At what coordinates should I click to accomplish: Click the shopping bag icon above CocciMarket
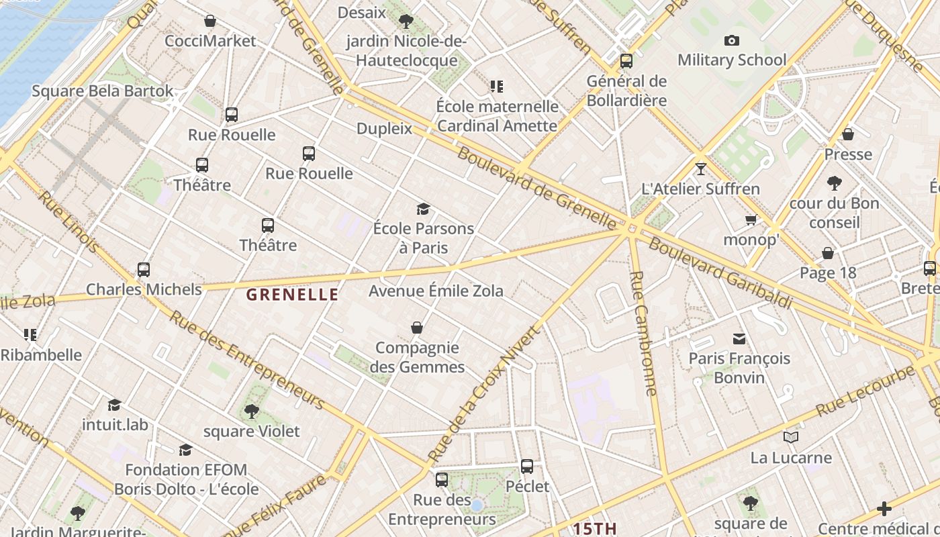(x=210, y=21)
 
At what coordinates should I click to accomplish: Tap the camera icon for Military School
(x=732, y=40)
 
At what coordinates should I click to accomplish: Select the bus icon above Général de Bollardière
(x=626, y=61)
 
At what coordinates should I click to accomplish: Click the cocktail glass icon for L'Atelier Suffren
(x=701, y=168)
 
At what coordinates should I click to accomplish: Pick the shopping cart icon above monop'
(x=751, y=219)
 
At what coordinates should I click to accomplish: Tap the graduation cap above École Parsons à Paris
(x=423, y=209)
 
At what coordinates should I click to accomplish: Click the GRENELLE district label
(x=292, y=294)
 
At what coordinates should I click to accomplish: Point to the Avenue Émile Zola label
(x=436, y=291)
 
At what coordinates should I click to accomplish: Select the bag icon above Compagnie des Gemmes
(x=417, y=328)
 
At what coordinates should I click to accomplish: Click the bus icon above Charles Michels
(x=144, y=269)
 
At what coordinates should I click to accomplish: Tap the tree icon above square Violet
(x=252, y=411)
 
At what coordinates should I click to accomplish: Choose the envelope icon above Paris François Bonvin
(x=739, y=338)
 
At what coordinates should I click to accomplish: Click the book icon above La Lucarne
(x=791, y=438)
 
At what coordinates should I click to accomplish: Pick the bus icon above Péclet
(x=527, y=466)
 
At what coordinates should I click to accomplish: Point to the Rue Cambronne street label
(x=643, y=333)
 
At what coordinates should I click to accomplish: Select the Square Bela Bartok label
(x=102, y=91)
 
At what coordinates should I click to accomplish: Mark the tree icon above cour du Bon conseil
(x=835, y=183)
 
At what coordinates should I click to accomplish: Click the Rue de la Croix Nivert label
(x=483, y=394)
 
